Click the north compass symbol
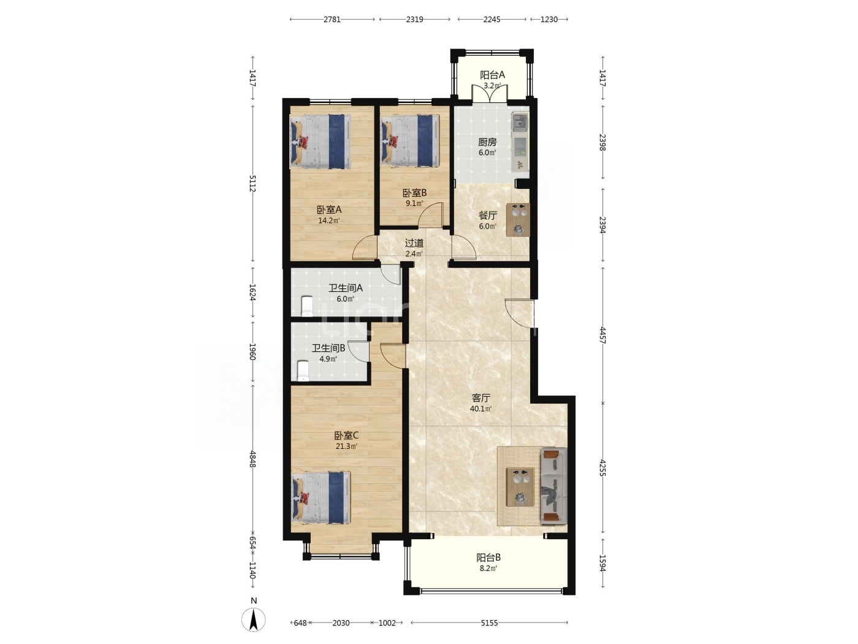(253, 619)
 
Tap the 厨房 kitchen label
(487, 142)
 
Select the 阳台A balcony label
(493, 75)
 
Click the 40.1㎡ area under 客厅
(480, 409)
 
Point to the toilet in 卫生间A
(307, 306)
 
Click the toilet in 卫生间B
(303, 370)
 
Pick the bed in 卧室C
(321, 497)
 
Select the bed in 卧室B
(410, 141)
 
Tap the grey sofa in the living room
(554, 486)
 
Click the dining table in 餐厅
(518, 220)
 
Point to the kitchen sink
(520, 121)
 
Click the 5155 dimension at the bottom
(489, 623)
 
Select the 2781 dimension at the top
(332, 19)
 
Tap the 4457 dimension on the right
(602, 335)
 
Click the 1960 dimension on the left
(252, 352)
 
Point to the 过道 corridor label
(414, 243)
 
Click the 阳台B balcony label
(488, 558)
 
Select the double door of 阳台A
(490, 94)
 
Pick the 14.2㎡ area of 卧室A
(328, 221)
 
